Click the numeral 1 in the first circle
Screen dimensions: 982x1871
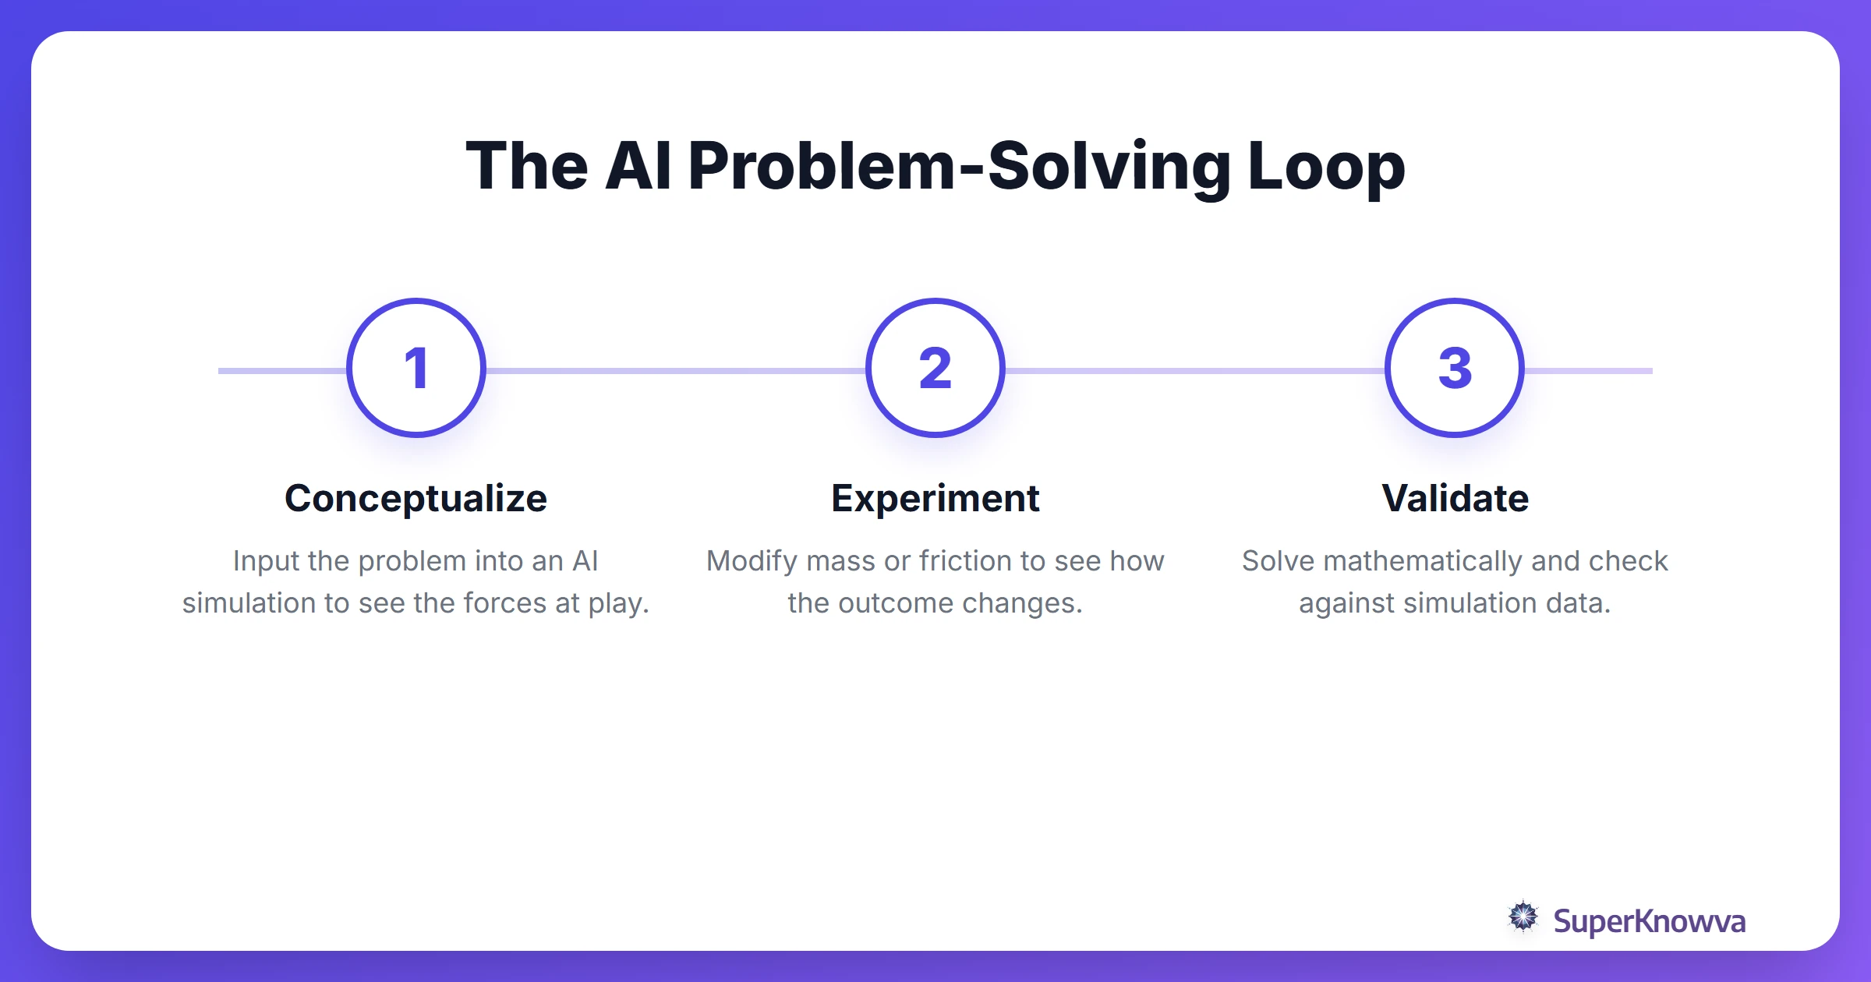[416, 368]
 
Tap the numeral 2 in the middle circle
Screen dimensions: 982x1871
[935, 368]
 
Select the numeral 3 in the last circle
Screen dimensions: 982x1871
[1455, 368]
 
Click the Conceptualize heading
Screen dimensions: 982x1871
[416, 498]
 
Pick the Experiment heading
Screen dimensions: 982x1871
[935, 498]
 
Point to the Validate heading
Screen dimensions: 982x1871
[1455, 498]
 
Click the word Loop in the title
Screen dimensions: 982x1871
[1326, 166]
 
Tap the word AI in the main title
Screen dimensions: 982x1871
[637, 166]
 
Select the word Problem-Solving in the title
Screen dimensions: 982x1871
[960, 166]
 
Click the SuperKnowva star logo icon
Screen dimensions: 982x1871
[1523, 917]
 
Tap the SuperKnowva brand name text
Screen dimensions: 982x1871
[1649, 921]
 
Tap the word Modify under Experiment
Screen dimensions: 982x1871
[752, 561]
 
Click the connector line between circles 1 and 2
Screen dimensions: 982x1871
[675, 371]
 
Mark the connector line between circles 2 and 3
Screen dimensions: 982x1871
[1194, 371]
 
